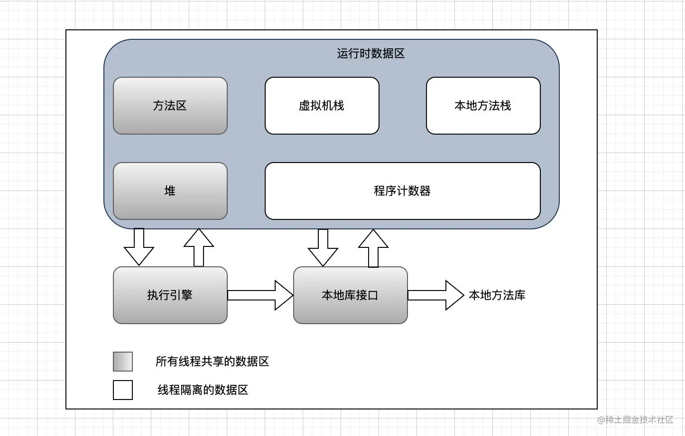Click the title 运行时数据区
tap(370, 54)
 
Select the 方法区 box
tap(170, 106)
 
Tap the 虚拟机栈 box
tap(322, 106)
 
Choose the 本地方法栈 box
tap(483, 106)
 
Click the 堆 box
tap(170, 191)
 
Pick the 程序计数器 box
tap(402, 191)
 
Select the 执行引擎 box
tap(170, 295)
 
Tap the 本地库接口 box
tap(350, 295)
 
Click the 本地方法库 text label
tap(497, 295)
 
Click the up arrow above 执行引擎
tap(199, 247)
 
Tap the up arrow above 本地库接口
tap(373, 248)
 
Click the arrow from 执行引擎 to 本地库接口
tap(260, 295)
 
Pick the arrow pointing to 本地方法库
tap(435, 295)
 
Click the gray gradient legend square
tap(123, 362)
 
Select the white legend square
tap(123, 390)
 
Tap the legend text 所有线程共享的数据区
tap(212, 362)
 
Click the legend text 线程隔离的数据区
tap(203, 390)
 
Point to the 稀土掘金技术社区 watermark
tap(635, 419)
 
